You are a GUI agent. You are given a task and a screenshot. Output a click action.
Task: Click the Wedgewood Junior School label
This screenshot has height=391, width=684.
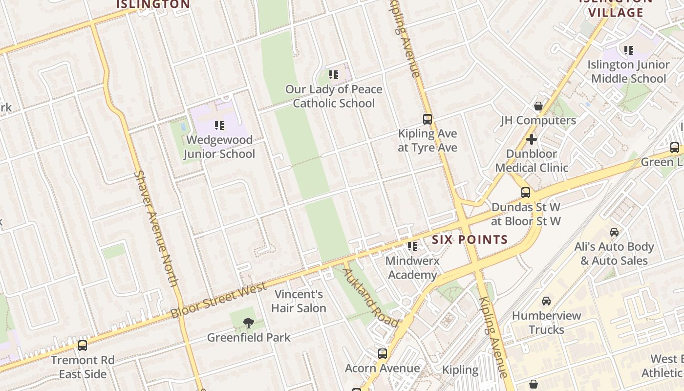coord(219,147)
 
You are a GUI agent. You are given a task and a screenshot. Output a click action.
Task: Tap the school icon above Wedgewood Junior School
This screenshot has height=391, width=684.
coord(219,126)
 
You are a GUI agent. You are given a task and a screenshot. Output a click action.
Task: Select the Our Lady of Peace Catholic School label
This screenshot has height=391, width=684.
coord(334,96)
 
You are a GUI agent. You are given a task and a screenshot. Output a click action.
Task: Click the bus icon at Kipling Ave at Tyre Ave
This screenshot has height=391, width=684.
coord(427,119)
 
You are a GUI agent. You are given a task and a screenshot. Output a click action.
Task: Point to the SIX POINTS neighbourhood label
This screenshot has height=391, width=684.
coord(470,239)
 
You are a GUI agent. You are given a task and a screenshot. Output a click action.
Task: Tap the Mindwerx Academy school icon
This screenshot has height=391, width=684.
coord(412,246)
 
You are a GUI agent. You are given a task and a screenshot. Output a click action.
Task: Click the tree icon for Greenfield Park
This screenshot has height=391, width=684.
coord(249,323)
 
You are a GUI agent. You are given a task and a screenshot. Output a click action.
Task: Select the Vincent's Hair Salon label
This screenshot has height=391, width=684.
coord(299,301)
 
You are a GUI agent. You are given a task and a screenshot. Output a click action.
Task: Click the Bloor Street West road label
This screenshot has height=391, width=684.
coord(218,300)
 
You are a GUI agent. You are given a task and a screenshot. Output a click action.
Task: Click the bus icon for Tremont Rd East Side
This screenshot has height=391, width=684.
coord(83,346)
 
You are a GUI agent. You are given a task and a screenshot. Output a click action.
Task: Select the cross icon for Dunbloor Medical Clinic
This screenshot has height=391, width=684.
coord(531,140)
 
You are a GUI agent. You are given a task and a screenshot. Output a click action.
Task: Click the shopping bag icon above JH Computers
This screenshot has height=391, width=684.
coord(538,106)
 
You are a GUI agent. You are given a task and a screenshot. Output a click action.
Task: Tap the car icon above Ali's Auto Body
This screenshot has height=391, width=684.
coord(614,232)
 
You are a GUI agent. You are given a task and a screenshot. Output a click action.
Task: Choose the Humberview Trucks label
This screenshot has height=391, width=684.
coord(546,323)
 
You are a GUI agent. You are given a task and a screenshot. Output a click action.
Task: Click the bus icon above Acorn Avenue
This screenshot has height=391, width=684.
coord(383,354)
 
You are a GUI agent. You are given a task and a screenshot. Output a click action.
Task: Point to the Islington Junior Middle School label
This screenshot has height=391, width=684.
coord(628,71)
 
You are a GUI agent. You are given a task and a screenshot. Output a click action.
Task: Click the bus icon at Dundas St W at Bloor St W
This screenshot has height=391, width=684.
coord(526,193)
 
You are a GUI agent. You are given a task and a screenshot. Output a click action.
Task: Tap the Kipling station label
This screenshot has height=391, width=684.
coord(460,370)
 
